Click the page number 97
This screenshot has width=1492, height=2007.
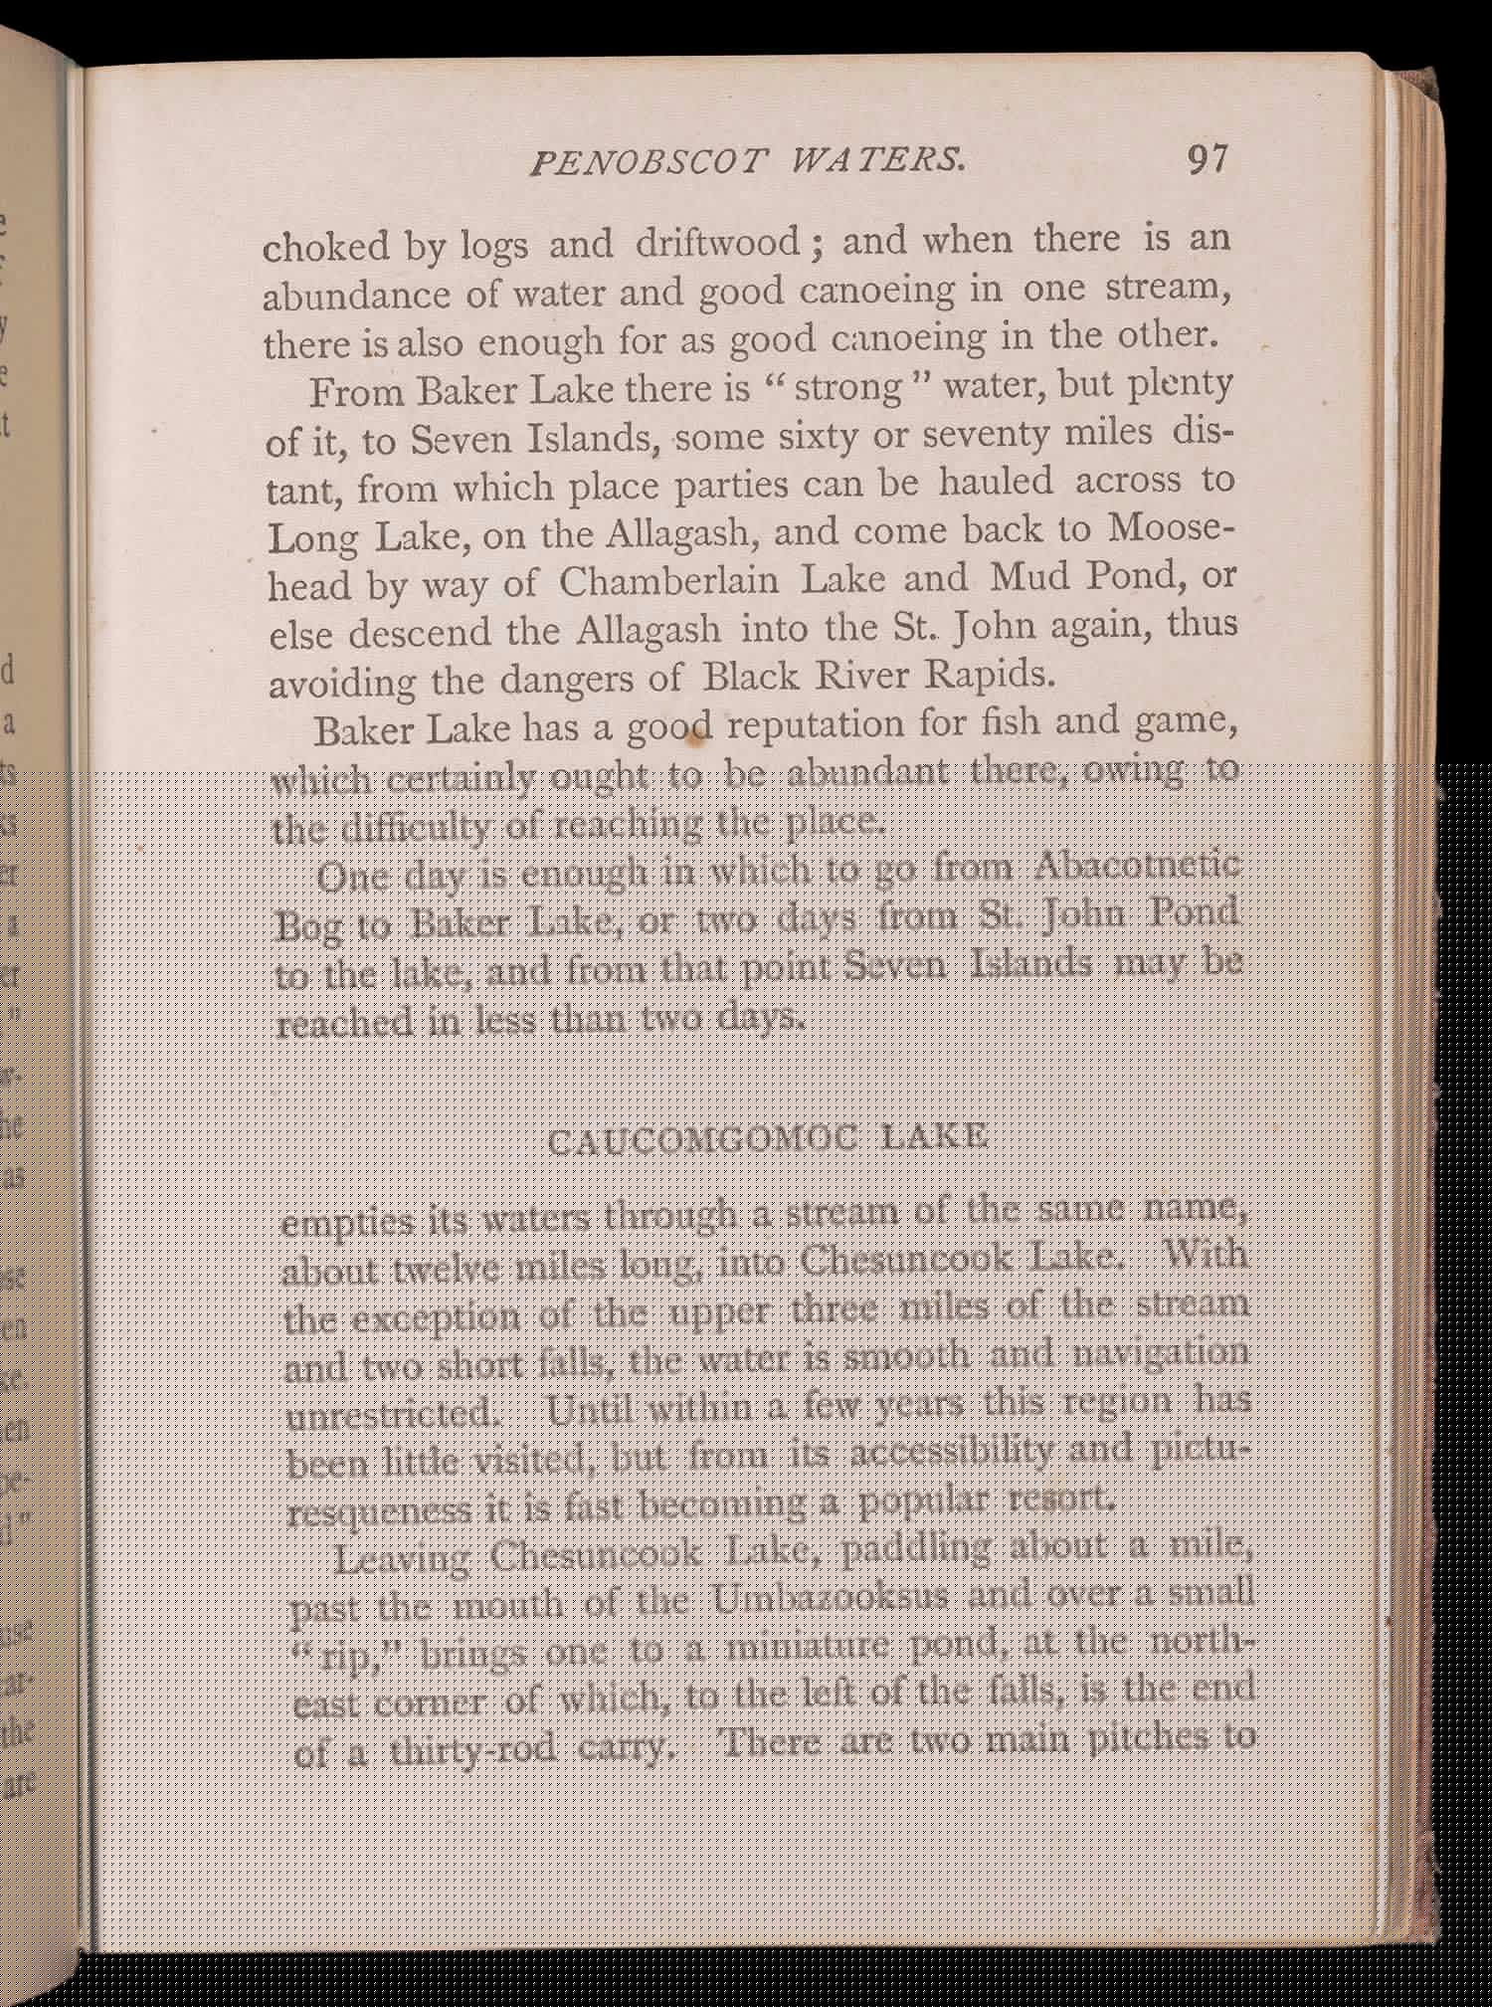click(1207, 159)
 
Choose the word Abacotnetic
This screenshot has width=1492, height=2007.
click(1136, 864)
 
